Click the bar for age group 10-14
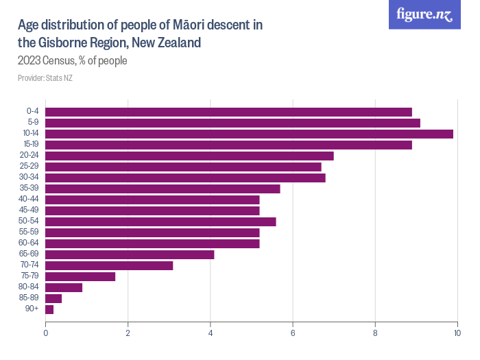point(249,134)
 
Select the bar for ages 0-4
point(228,112)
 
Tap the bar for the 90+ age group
point(49,309)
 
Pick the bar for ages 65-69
point(130,254)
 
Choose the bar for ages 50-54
point(160,221)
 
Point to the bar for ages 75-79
point(80,276)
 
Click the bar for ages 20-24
point(189,156)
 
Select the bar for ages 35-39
point(163,189)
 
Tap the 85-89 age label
point(29,298)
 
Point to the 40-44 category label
point(29,200)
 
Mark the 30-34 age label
point(29,178)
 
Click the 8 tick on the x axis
point(375,333)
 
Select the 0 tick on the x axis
point(45,333)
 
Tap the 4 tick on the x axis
point(211,333)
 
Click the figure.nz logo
point(424,14)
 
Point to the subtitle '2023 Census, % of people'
point(73,61)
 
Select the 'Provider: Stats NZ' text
point(45,77)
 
